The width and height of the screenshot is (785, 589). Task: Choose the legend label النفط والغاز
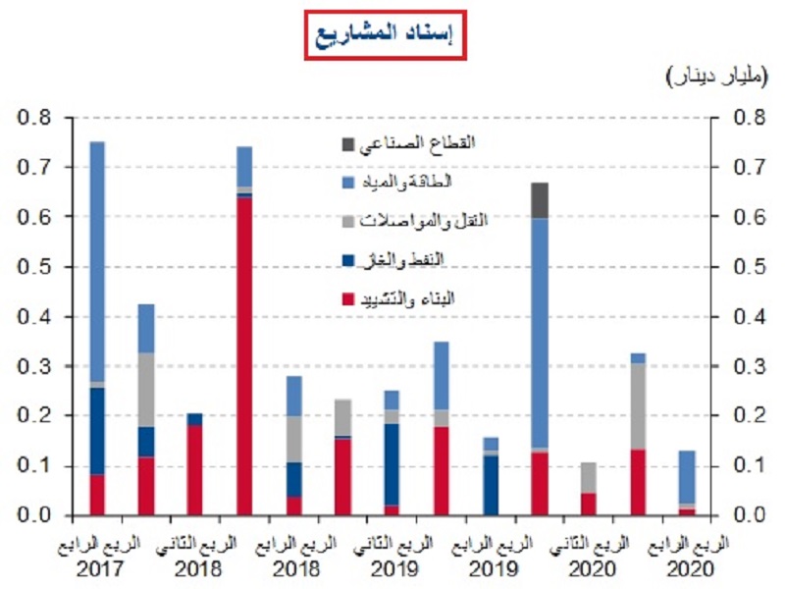click(433, 260)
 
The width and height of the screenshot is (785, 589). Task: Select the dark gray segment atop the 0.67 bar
click(539, 199)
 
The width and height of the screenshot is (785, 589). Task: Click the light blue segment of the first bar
click(97, 261)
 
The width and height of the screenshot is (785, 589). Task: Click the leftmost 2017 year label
click(97, 567)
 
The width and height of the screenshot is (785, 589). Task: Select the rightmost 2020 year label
click(686, 567)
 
